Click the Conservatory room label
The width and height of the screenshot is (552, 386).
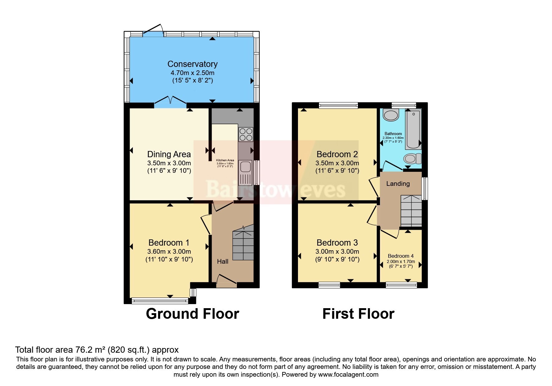pyautogui.click(x=192, y=64)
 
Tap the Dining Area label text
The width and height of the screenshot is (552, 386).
pyautogui.click(x=169, y=154)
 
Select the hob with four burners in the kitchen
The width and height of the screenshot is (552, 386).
pyautogui.click(x=246, y=134)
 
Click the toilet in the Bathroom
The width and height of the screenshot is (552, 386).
pyautogui.click(x=412, y=159)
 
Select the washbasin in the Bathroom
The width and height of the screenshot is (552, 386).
pyautogui.click(x=391, y=115)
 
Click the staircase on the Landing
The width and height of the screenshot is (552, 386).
pyautogui.click(x=411, y=211)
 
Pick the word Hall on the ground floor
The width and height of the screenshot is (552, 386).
pyautogui.click(x=223, y=261)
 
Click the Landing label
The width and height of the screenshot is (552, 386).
pyautogui.click(x=398, y=184)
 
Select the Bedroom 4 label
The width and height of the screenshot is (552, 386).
pyautogui.click(x=401, y=256)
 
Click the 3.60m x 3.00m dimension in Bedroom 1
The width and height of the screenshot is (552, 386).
pyautogui.click(x=169, y=252)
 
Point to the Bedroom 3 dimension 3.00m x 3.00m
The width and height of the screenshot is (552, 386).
pyautogui.click(x=337, y=252)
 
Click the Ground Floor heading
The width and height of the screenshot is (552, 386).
pyautogui.click(x=192, y=314)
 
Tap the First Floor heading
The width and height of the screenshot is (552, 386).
pyautogui.click(x=358, y=314)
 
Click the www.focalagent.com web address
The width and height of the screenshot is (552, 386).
pyautogui.click(x=348, y=374)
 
